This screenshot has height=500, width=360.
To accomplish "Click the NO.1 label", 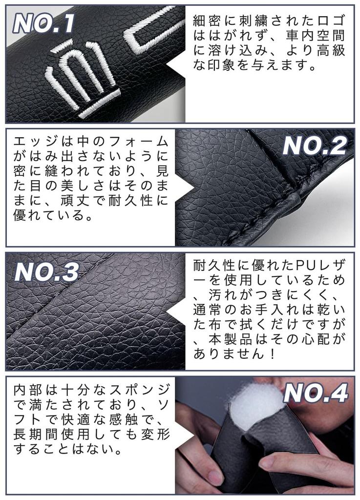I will pyautogui.click(x=44, y=23).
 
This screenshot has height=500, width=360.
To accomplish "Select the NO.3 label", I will pyautogui.click(x=46, y=272).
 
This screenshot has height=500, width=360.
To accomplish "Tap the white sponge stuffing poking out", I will pyautogui.click(x=254, y=406).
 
